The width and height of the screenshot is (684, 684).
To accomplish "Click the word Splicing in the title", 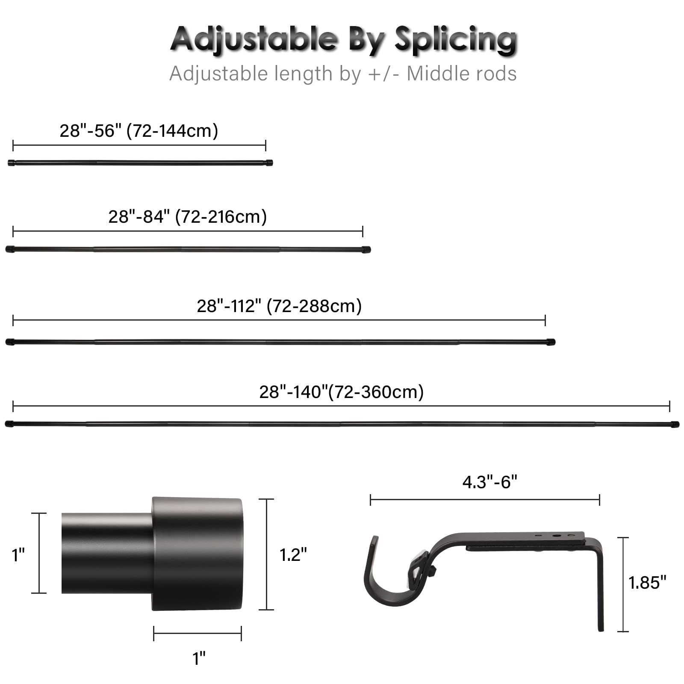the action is [456, 40].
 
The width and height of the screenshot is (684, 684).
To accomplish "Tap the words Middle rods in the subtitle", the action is [462, 74].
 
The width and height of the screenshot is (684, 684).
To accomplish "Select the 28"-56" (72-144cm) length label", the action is [139, 130].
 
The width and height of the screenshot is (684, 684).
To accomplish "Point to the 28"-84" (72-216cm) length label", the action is [188, 217].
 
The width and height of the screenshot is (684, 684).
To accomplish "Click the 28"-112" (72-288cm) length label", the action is [279, 306].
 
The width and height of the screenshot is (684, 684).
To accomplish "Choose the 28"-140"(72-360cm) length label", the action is [342, 392].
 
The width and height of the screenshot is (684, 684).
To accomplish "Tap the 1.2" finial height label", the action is [293, 555].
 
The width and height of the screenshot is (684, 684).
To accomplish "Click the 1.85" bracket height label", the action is [647, 583].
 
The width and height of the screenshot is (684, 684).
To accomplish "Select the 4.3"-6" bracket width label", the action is [490, 482].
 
